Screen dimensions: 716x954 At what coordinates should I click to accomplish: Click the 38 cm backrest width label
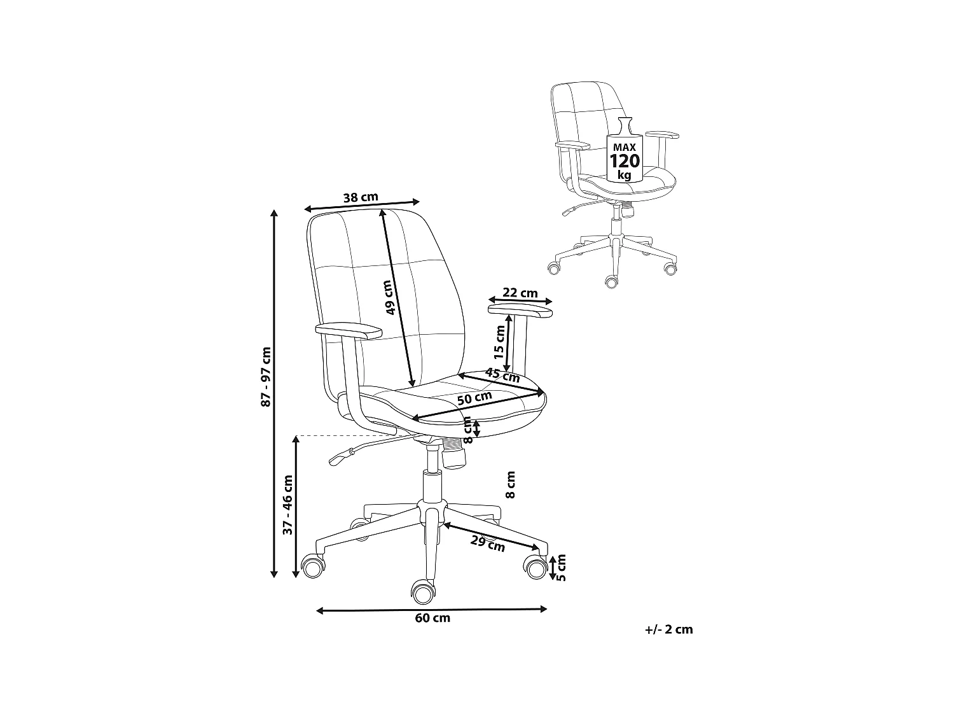point(361,197)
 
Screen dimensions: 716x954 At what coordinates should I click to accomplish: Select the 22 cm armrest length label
point(520,293)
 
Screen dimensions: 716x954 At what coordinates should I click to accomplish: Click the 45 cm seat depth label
point(502,375)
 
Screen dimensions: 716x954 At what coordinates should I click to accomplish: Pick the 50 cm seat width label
point(474,398)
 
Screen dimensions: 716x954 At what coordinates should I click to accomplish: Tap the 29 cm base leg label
point(488,544)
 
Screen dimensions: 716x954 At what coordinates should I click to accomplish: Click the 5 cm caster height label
point(560,568)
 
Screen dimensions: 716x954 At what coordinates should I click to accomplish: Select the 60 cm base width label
point(432,618)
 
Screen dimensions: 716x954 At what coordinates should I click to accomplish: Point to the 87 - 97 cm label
point(266,377)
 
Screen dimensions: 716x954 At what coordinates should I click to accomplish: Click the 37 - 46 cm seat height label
point(287,505)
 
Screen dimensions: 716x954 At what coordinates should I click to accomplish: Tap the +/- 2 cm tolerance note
point(668,630)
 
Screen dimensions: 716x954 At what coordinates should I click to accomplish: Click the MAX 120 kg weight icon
point(625,153)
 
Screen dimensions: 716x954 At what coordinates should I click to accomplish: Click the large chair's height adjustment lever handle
point(340,457)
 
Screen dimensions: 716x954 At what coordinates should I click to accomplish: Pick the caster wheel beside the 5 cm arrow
point(536,566)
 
